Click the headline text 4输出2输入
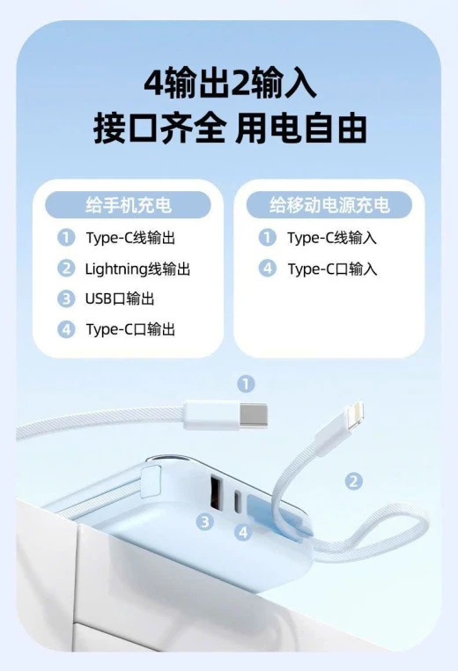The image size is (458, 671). click(230, 83)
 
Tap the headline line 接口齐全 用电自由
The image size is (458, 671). click(230, 128)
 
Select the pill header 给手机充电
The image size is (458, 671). click(128, 205)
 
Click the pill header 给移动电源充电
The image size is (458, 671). click(329, 205)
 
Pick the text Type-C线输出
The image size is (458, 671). click(130, 238)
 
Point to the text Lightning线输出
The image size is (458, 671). click(137, 269)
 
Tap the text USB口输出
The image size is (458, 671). click(120, 299)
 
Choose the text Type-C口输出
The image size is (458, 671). click(130, 329)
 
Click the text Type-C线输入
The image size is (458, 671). click(332, 238)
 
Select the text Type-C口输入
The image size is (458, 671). click(332, 269)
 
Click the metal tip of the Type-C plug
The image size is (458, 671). click(254, 415)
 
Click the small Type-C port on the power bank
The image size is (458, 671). click(237, 501)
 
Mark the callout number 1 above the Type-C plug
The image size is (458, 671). click(246, 384)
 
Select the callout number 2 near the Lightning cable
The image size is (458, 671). click(353, 481)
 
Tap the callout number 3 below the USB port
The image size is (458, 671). click(205, 521)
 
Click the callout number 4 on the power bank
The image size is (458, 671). click(243, 532)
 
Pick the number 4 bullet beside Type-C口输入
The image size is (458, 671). click(268, 269)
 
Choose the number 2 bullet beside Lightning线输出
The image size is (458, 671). click(66, 269)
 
